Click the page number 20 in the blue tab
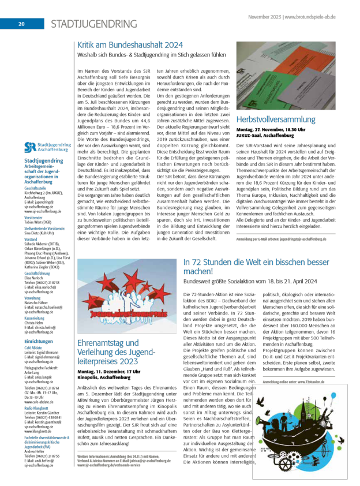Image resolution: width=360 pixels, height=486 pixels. (21, 24)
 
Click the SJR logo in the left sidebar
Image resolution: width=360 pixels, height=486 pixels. (46, 147)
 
